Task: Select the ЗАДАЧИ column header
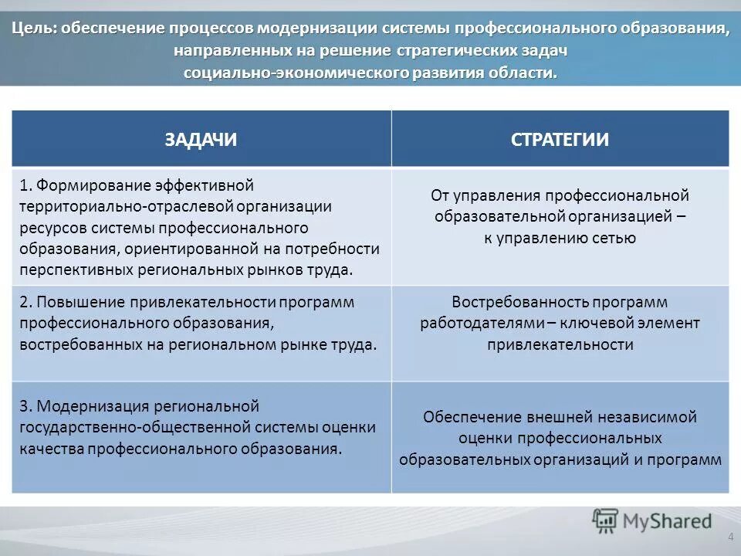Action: click(200, 139)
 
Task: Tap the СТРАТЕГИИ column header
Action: click(560, 139)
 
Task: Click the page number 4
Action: click(730, 537)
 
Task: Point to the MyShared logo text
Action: click(668, 521)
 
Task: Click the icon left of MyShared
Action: click(605, 521)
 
